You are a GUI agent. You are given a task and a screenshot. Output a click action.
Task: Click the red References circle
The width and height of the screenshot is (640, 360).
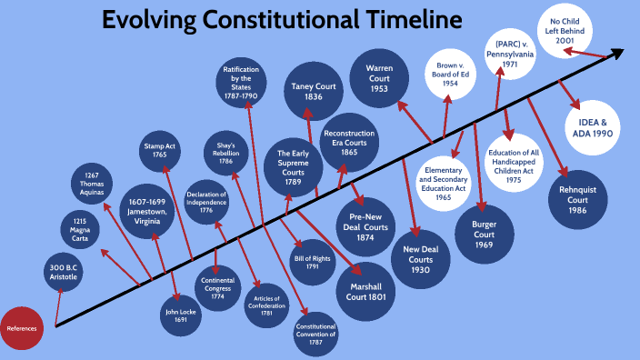pyautogui.click(x=22, y=328)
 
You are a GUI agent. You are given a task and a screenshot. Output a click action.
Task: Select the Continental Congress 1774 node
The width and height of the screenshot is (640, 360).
pyautogui.click(x=218, y=288)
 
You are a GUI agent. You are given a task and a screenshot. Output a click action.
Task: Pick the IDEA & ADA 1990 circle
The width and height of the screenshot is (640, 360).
pyautogui.click(x=592, y=126)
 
